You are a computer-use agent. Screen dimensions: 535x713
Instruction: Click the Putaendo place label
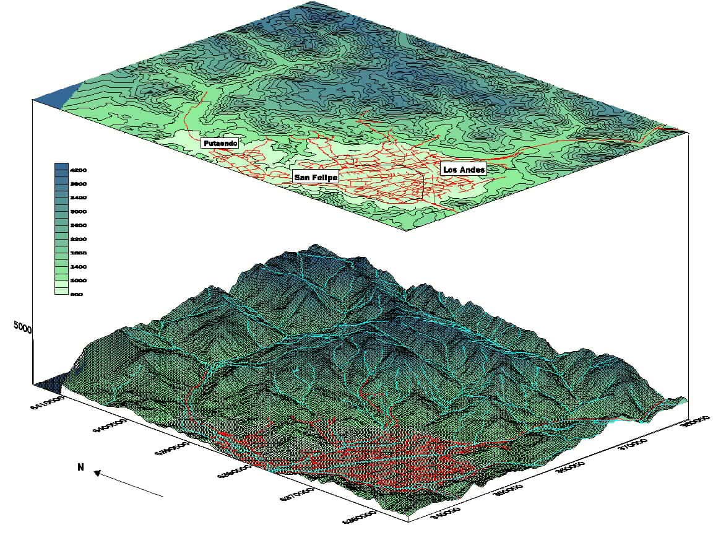click(220, 144)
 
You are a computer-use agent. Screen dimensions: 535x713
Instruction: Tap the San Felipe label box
click(316, 177)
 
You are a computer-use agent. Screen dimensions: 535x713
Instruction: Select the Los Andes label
click(464, 169)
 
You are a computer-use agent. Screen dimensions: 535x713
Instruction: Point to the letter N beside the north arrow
click(80, 468)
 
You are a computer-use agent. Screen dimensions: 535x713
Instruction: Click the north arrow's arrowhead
click(97, 474)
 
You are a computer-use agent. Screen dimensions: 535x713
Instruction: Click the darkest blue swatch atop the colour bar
click(61, 168)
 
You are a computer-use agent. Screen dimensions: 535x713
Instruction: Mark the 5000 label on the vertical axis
click(22, 328)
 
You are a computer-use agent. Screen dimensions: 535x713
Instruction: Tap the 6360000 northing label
click(361, 519)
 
